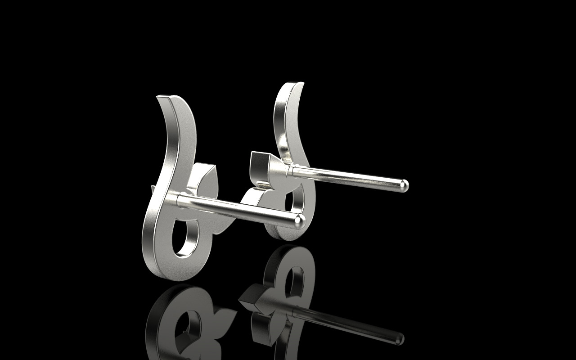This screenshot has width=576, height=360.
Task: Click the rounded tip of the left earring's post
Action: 300,220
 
